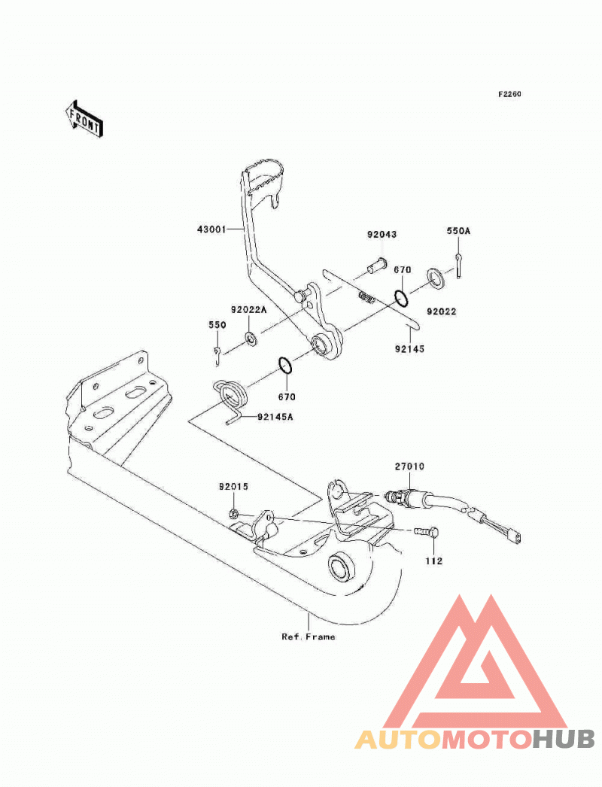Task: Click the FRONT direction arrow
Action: click(84, 119)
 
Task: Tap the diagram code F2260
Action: click(509, 94)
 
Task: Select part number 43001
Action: click(211, 230)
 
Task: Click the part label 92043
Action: click(382, 235)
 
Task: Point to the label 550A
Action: click(458, 231)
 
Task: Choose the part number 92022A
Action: click(249, 310)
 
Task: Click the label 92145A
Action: click(275, 417)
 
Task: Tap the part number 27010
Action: click(409, 466)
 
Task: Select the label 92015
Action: click(233, 486)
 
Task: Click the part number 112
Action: click(433, 561)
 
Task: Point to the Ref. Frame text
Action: click(309, 637)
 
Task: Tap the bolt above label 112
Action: click(427, 531)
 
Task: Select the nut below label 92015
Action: click(233, 513)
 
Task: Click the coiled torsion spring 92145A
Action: click(231, 397)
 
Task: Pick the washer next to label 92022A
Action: click(250, 339)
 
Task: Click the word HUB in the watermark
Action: click(564, 740)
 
